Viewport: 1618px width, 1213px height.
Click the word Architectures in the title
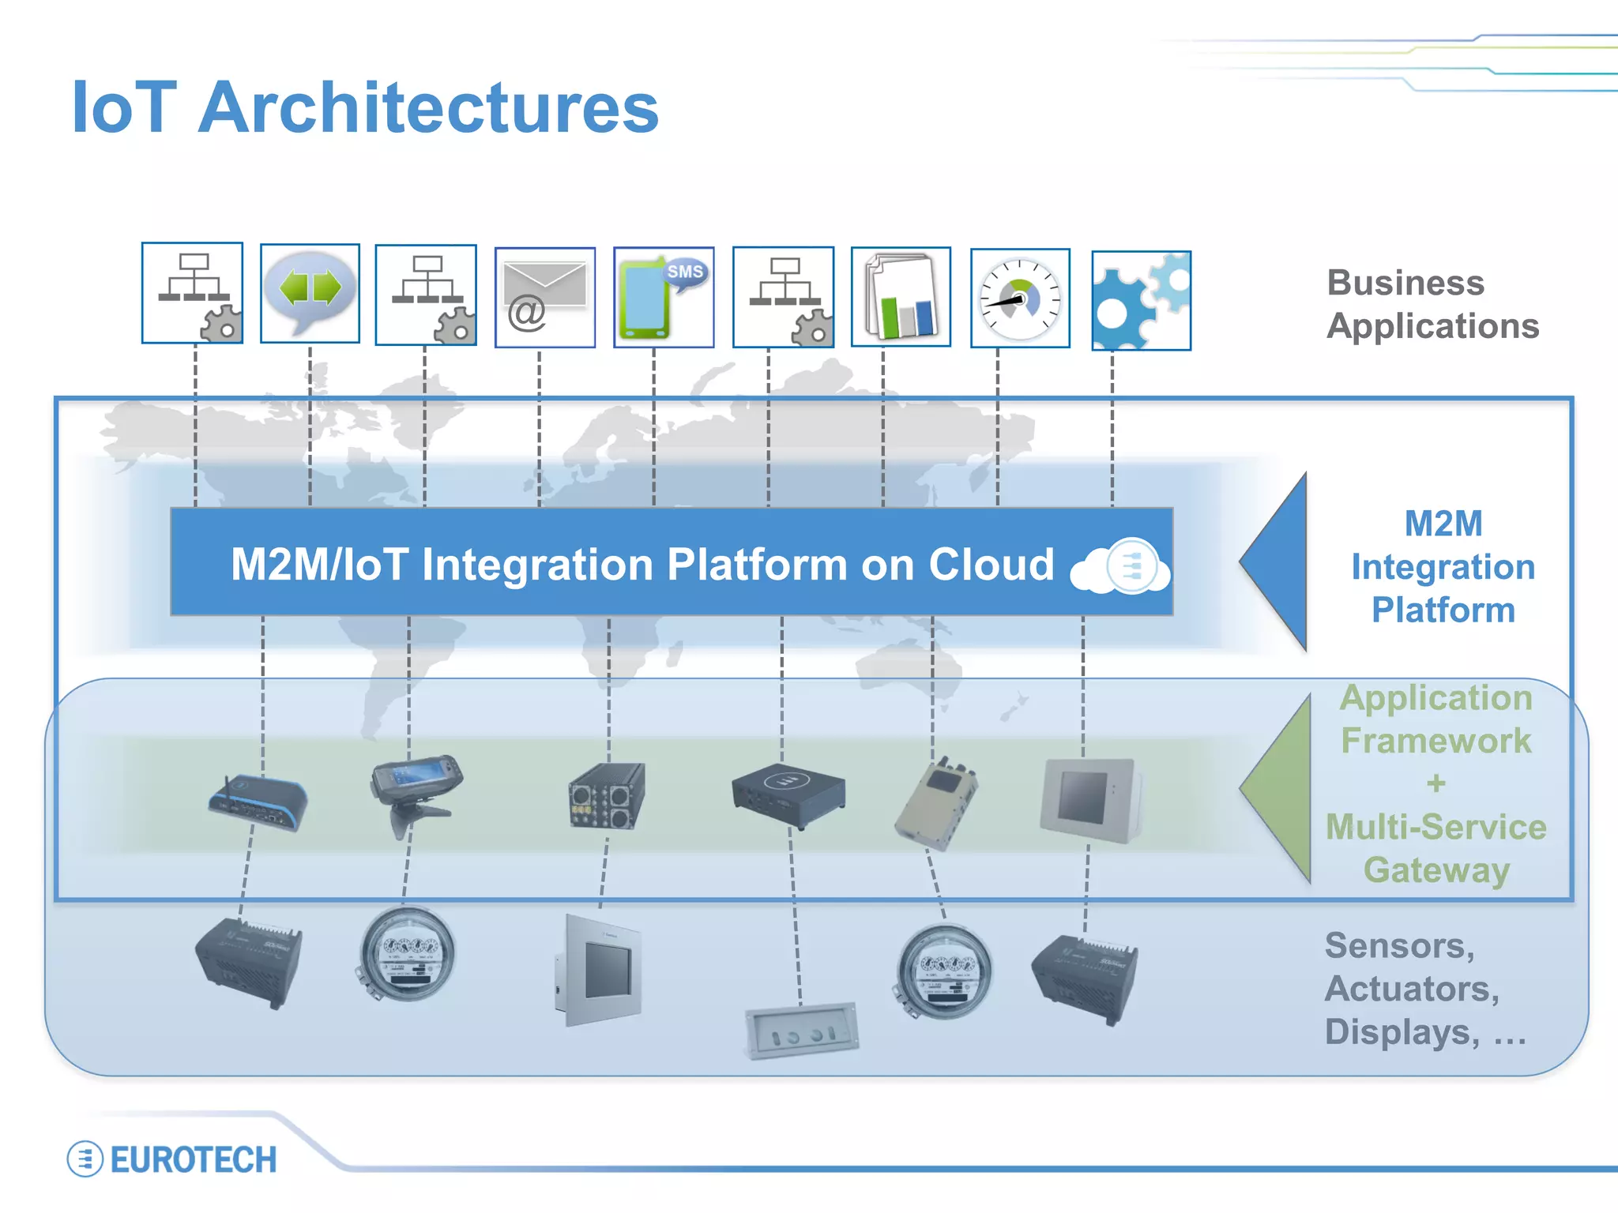(428, 108)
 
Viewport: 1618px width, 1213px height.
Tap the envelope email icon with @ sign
(544, 298)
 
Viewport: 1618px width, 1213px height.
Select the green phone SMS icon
(663, 297)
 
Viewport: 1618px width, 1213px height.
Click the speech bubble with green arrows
(310, 293)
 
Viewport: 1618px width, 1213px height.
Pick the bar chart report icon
(901, 297)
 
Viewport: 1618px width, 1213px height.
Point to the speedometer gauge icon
(1020, 299)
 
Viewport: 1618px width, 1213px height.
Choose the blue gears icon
(1141, 301)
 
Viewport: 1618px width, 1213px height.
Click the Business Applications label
(1432, 304)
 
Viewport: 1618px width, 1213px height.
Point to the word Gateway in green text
(1436, 869)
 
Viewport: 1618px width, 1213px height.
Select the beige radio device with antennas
(937, 802)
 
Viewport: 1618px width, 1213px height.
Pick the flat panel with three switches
(802, 1031)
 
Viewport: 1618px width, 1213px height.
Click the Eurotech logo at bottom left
(172, 1159)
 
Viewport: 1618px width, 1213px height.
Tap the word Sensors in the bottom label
(1398, 945)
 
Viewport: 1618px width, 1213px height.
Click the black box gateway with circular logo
(788, 794)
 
